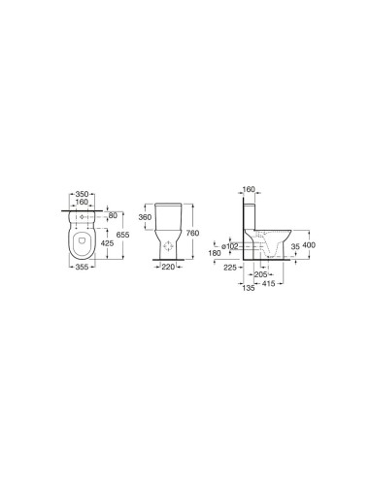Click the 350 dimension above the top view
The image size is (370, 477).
(82, 194)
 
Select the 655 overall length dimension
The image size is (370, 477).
(122, 235)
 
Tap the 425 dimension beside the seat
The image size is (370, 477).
(107, 243)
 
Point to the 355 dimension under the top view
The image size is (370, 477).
(82, 267)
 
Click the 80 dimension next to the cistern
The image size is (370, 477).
(113, 215)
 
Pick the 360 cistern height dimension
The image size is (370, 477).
(145, 217)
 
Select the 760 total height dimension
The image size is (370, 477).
(192, 233)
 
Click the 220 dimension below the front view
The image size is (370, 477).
(168, 267)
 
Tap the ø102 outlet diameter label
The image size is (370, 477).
(229, 246)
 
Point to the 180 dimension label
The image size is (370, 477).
(215, 253)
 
